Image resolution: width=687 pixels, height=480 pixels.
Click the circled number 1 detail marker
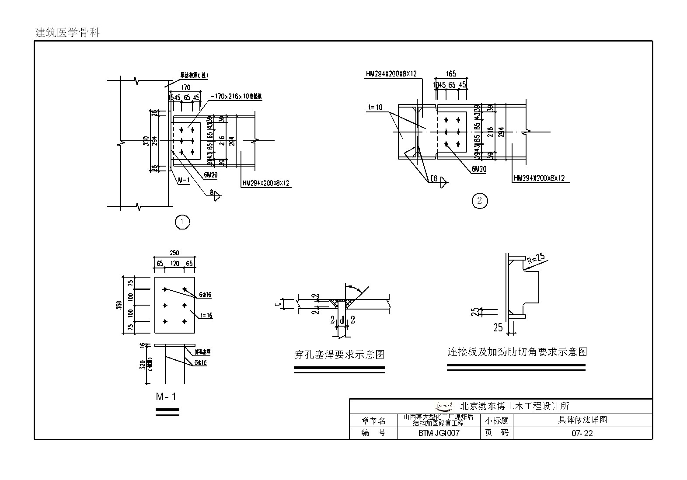(x=182, y=222)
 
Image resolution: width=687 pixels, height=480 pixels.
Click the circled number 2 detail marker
(x=480, y=201)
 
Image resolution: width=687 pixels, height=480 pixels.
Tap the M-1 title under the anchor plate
(x=166, y=397)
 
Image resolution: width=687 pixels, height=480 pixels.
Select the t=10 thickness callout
(x=375, y=107)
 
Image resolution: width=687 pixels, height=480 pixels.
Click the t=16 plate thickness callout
(x=206, y=315)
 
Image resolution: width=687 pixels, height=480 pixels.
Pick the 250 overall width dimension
(x=174, y=253)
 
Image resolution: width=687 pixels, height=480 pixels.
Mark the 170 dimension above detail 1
(x=185, y=87)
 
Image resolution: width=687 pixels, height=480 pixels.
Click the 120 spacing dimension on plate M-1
(x=174, y=264)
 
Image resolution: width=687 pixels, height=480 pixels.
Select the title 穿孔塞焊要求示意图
(x=339, y=355)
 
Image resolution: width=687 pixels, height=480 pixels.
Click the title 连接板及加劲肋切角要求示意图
(x=516, y=352)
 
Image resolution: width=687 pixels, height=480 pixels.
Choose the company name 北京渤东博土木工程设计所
(x=515, y=406)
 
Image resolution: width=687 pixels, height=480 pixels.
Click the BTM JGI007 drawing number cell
(x=439, y=433)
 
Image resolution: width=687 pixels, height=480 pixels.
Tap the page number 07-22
(x=582, y=433)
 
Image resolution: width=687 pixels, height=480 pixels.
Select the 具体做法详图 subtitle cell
(x=582, y=420)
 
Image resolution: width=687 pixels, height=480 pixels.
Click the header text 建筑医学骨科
(x=68, y=33)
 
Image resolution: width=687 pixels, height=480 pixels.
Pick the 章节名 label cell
(x=373, y=421)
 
